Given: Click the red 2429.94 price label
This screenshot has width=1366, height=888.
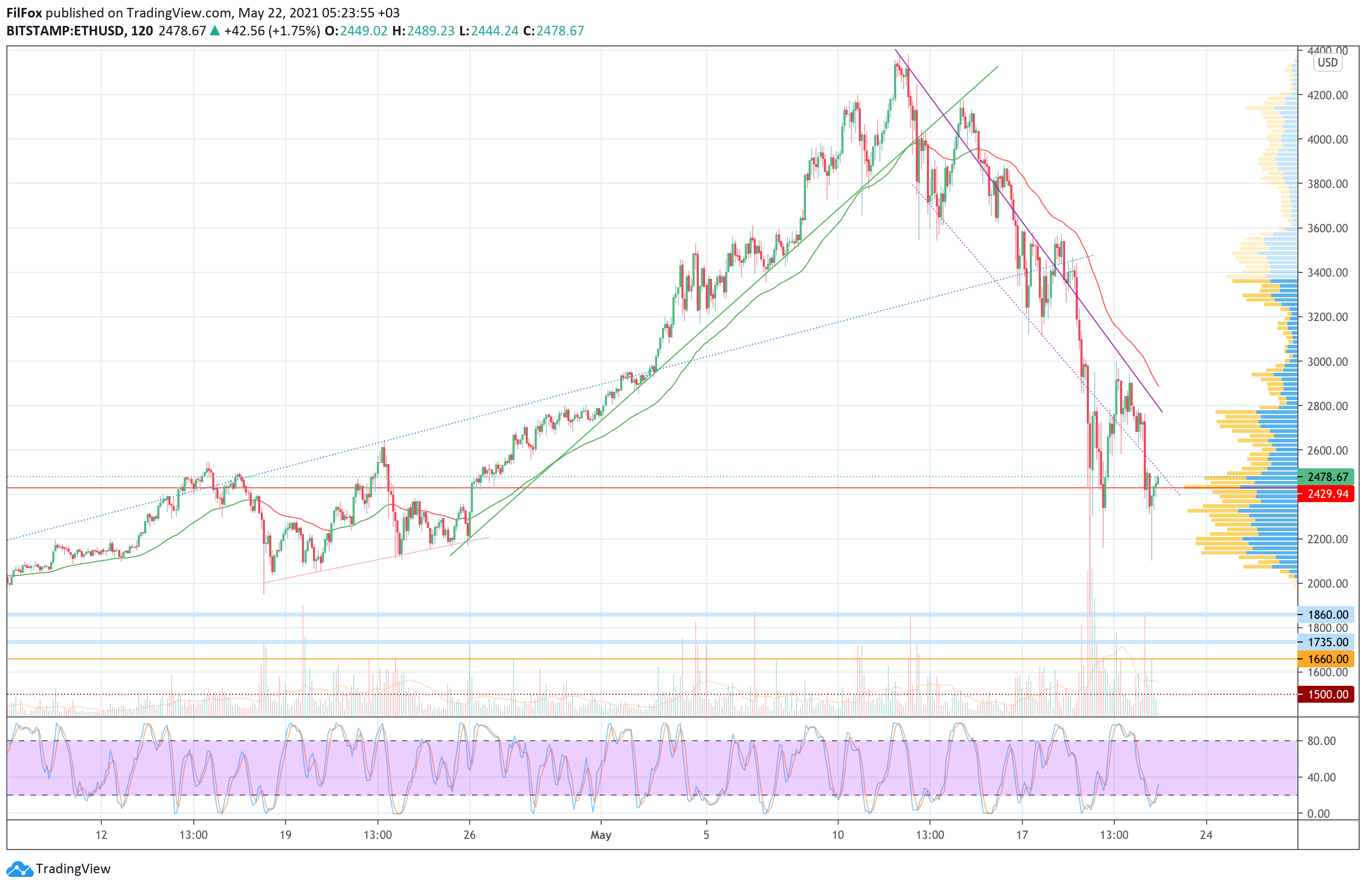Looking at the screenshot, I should pyautogui.click(x=1327, y=494).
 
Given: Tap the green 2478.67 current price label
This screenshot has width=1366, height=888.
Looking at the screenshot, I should pyautogui.click(x=1327, y=476).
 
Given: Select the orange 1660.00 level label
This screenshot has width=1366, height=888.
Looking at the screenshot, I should pyautogui.click(x=1327, y=659).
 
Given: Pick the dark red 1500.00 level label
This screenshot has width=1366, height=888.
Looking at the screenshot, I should pyautogui.click(x=1327, y=694).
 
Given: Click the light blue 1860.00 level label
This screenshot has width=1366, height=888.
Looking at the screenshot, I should pyautogui.click(x=1327, y=614).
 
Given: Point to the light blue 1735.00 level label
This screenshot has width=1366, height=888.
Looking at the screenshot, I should pyautogui.click(x=1327, y=642).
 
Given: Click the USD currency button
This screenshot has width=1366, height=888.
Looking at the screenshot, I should pyautogui.click(x=1327, y=63).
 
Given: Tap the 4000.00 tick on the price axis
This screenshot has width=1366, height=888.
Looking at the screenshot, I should pyautogui.click(x=1327, y=139).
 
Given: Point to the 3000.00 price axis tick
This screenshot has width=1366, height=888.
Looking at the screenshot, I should pyautogui.click(x=1327, y=362).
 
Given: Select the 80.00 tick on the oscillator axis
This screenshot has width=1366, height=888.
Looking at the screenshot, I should pyautogui.click(x=1321, y=741).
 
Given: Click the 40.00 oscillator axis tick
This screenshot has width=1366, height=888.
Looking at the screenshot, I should pyautogui.click(x=1321, y=777).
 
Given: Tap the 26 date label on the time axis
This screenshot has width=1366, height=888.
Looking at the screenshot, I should pyautogui.click(x=469, y=835).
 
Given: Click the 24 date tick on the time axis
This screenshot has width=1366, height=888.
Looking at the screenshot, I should pyautogui.click(x=1206, y=835).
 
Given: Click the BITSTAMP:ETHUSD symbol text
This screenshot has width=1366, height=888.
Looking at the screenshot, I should pyautogui.click(x=65, y=31).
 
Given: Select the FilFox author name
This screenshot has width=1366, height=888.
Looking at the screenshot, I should pyautogui.click(x=24, y=13).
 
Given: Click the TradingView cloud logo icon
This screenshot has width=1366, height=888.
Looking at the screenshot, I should pyautogui.click(x=20, y=868).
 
